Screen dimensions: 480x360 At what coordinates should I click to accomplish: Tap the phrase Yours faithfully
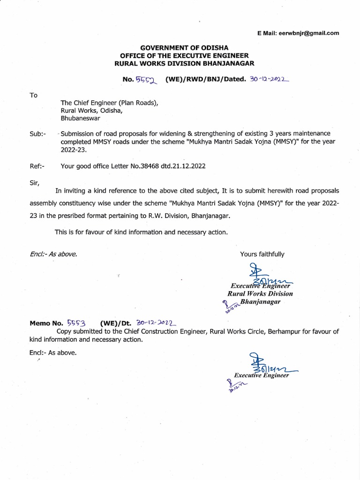pos(262,254)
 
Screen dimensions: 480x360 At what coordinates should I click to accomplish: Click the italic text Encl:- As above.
pos(52,254)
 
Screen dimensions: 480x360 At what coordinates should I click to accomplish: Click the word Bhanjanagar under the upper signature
pos(260,302)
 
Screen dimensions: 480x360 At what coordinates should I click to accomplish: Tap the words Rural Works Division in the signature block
pos(260,293)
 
